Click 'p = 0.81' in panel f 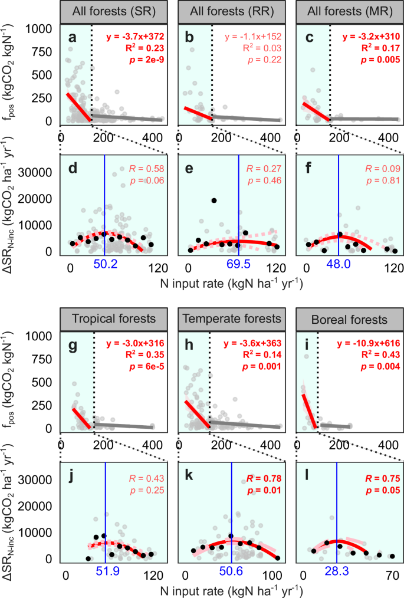point(382,183)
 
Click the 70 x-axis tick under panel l point(390,573)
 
